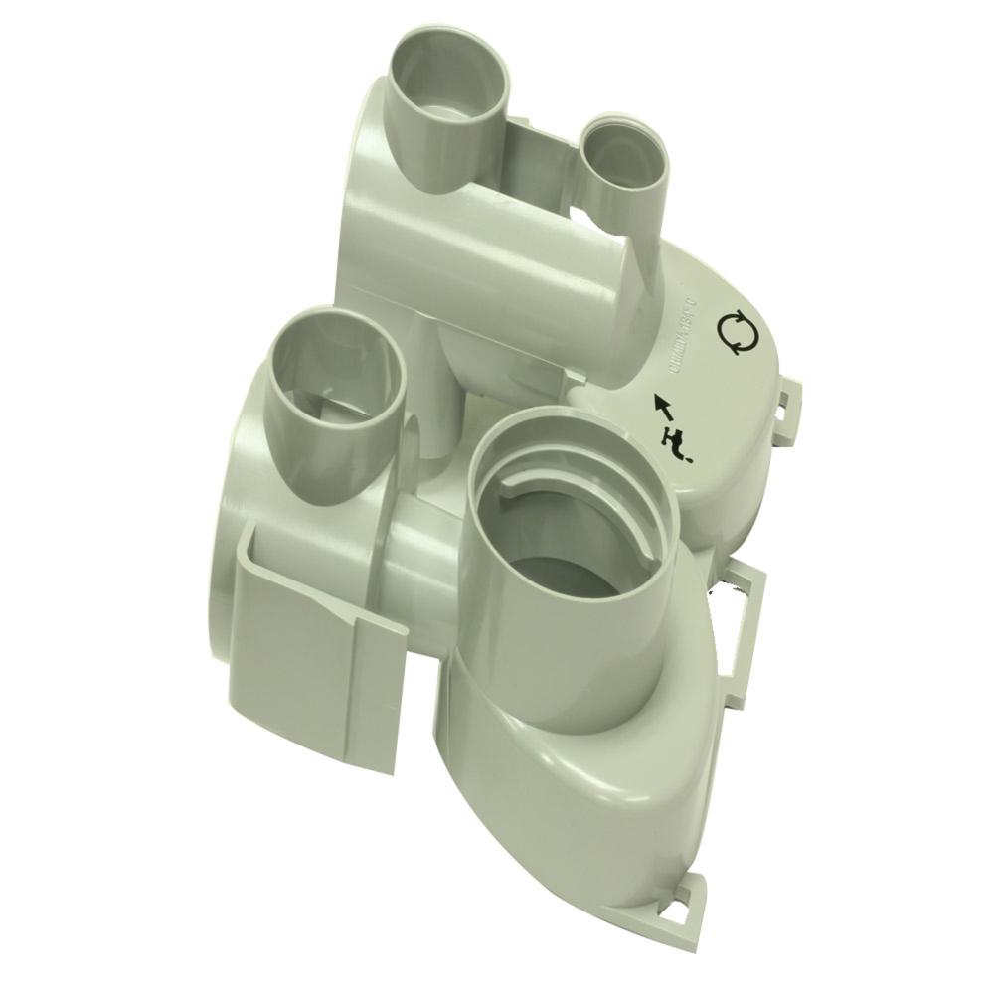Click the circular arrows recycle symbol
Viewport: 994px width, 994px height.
736,332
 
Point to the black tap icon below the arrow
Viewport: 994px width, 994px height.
676,443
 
